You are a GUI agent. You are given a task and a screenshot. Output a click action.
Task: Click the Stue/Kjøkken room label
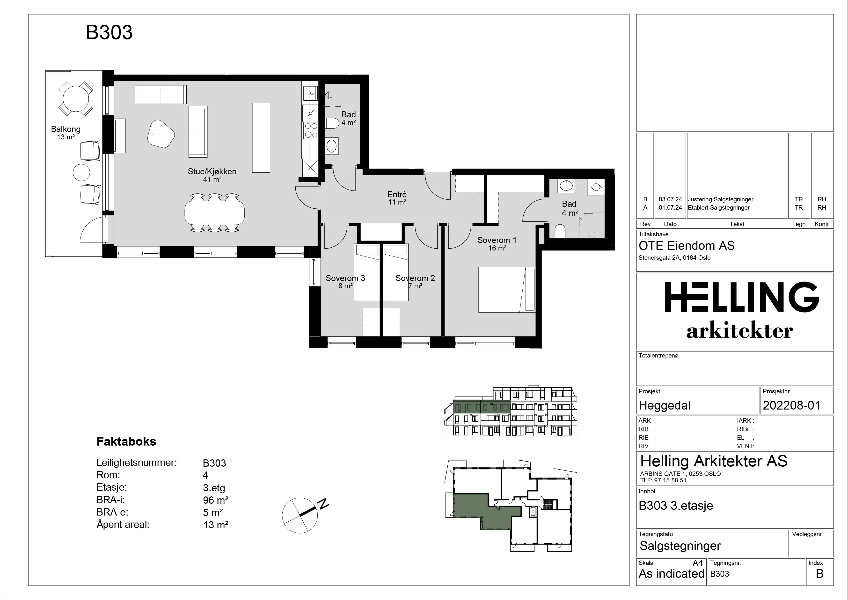click(x=212, y=172)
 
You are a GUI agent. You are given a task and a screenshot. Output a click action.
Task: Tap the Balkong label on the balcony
click(x=66, y=129)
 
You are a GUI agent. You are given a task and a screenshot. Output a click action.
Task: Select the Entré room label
click(x=397, y=194)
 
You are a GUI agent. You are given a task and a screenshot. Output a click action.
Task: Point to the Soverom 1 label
click(x=497, y=240)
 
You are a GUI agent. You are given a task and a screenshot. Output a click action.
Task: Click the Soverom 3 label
click(x=345, y=278)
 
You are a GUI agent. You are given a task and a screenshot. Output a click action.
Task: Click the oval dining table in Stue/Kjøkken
click(x=215, y=212)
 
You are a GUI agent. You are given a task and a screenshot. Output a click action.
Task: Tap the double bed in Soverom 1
click(x=507, y=289)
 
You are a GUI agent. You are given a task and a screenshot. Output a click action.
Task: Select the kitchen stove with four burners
click(x=310, y=130)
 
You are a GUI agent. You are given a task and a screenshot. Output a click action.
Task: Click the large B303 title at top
click(x=109, y=32)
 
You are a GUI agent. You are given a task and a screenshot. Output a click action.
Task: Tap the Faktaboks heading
click(x=126, y=441)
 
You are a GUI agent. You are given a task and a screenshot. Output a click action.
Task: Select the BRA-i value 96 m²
click(x=216, y=500)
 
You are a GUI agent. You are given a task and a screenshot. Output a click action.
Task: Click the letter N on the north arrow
click(x=324, y=503)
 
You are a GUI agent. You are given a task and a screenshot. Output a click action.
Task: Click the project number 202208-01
click(x=791, y=406)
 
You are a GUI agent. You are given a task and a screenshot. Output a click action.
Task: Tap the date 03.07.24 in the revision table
click(x=670, y=199)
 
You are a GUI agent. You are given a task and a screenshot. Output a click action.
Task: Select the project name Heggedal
click(x=665, y=406)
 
